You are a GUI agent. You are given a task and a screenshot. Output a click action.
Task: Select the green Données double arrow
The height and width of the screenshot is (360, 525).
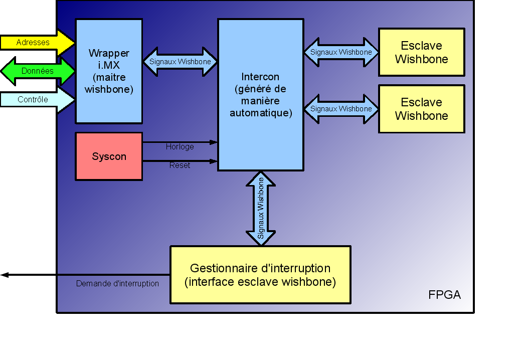(x=38, y=71)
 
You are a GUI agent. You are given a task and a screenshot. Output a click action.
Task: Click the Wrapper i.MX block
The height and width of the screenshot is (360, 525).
(x=109, y=71)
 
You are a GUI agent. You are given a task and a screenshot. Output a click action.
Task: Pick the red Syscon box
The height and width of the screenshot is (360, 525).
(x=109, y=156)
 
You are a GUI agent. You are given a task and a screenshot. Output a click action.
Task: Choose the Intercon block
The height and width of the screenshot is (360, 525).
(x=260, y=95)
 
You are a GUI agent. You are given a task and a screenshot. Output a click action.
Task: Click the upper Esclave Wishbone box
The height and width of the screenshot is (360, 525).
(x=421, y=52)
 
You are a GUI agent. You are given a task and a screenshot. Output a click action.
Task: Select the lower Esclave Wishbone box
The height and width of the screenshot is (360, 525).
(x=421, y=109)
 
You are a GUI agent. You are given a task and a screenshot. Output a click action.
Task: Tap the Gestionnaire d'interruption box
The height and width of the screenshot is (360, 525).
(x=260, y=275)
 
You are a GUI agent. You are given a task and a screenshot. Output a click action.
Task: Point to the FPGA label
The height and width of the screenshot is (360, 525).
(x=444, y=295)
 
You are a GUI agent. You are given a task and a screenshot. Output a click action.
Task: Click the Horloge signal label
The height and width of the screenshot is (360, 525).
(x=180, y=147)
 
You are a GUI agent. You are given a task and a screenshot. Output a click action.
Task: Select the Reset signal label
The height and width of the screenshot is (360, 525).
(x=180, y=165)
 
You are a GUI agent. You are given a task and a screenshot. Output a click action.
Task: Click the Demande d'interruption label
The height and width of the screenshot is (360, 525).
(x=117, y=284)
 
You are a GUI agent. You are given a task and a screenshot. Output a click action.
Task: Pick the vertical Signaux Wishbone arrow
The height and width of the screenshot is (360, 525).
(x=261, y=209)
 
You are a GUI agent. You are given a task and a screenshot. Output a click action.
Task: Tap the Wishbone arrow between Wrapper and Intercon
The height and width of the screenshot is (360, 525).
(x=180, y=62)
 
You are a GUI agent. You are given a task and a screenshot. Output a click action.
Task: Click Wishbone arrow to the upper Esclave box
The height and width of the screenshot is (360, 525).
(x=341, y=52)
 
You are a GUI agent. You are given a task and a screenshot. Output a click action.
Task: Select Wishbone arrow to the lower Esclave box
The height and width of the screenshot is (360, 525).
(x=341, y=109)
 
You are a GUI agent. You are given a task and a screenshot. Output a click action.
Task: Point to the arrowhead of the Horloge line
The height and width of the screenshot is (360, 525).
(x=214, y=142)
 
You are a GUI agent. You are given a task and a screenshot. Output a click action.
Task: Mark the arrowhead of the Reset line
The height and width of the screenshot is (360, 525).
(x=214, y=161)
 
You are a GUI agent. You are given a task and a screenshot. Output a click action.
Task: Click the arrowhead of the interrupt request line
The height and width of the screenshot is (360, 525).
(x=4, y=275)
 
